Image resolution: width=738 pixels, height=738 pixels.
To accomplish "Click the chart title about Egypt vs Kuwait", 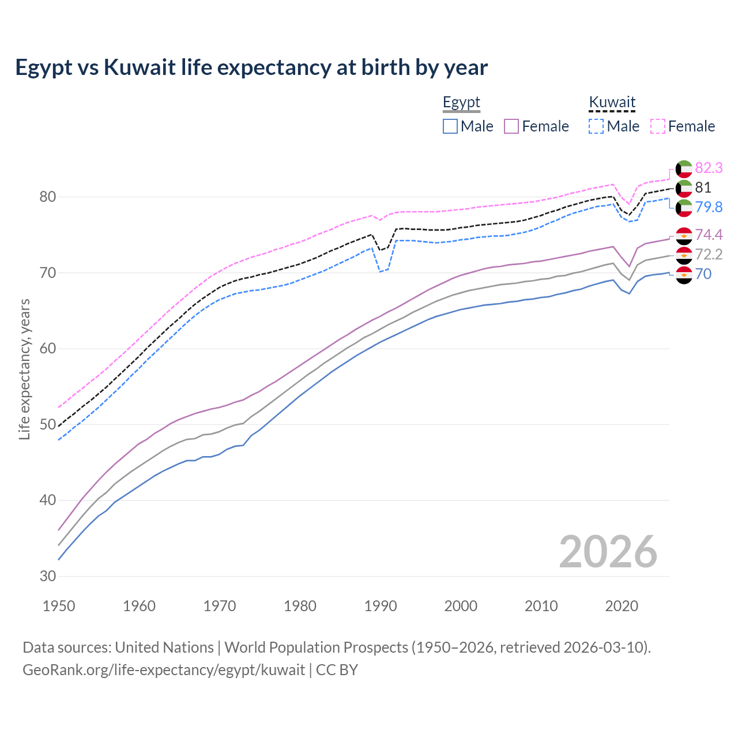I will tap(251, 67).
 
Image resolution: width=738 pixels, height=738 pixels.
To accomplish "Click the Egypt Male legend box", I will tap(450, 126).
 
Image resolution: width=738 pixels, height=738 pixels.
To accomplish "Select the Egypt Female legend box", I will tap(511, 126).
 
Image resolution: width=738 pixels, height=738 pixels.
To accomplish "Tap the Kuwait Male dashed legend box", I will tap(596, 126).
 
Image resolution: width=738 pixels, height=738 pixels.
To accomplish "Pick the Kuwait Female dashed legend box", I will tap(658, 126).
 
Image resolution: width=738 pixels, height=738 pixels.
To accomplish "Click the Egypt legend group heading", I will tap(461, 103).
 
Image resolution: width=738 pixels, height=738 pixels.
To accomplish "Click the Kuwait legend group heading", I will tap(612, 103).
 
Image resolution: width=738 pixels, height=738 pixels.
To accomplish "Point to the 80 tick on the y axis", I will tap(48, 197).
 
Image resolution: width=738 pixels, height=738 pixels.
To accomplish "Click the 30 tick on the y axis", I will tap(48, 576).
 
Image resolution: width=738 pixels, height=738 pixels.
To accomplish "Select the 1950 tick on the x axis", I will tap(59, 606).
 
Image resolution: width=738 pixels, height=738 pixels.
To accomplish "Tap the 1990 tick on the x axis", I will tap(381, 606).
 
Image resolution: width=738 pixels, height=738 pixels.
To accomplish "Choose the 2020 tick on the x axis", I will tap(622, 606).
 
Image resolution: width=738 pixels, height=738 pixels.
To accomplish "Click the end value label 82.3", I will tap(709, 168).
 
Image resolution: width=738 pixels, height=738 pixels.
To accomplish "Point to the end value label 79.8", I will tap(709, 207).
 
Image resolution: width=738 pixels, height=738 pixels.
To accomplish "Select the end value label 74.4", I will tap(709, 235).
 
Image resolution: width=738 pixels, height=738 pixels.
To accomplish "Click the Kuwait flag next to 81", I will tap(684, 188).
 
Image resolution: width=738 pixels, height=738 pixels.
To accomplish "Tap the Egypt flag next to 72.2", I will tap(684, 255).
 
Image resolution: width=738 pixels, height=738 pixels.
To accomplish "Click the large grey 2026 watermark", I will tap(608, 552).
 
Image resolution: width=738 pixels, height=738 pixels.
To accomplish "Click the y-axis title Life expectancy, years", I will tap(24, 369).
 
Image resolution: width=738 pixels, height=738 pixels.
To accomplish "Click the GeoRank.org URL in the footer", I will tap(164, 670).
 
